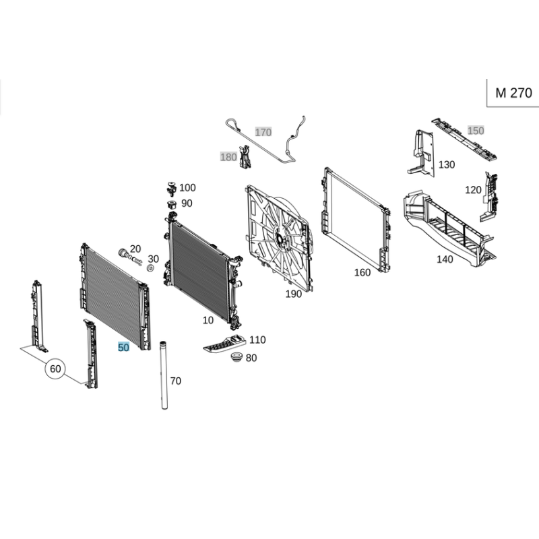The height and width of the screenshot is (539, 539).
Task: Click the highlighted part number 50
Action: (123, 347)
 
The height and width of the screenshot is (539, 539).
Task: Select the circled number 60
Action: (55, 369)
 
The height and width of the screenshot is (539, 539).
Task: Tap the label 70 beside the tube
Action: (175, 381)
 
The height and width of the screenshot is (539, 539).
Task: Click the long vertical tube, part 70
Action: (164, 375)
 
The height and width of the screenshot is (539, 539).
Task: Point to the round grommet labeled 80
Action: (236, 357)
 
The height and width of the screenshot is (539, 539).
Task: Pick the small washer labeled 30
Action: (150, 268)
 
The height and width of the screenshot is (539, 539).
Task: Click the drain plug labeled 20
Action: (129, 257)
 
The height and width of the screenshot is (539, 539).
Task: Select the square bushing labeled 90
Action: (172, 204)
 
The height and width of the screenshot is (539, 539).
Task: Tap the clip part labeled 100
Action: (171, 189)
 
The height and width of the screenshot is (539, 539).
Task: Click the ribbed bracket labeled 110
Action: (224, 344)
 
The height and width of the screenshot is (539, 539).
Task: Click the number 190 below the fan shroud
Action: (294, 294)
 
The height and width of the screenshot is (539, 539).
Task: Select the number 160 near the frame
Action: (362, 272)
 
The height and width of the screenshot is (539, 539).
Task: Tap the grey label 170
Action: (263, 132)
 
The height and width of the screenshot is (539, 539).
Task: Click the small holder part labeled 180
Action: (245, 157)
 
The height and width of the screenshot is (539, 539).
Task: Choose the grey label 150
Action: (476, 130)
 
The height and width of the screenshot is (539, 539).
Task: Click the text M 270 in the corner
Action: (513, 93)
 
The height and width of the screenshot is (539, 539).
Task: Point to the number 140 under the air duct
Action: (445, 259)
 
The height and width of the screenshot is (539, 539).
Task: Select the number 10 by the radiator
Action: (208, 320)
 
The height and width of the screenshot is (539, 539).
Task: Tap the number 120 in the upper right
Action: (473, 190)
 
